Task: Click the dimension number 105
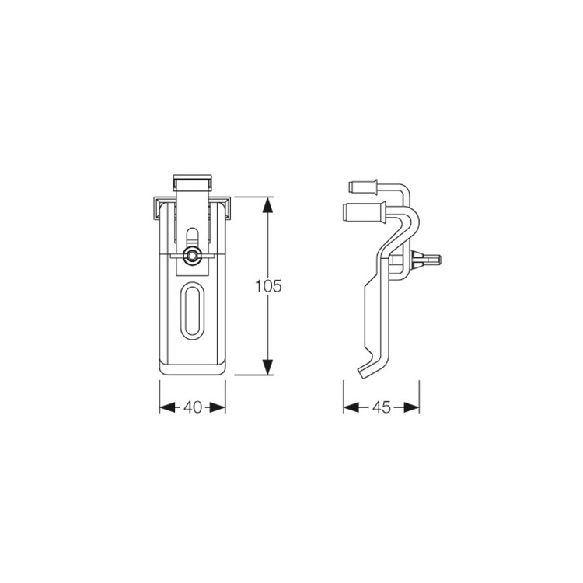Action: (268, 285)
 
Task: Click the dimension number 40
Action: (193, 407)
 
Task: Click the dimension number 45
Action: (382, 407)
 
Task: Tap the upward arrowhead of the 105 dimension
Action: (267, 204)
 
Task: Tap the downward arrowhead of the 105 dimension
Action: (267, 367)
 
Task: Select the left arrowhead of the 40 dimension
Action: (167, 407)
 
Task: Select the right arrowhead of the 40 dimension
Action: (218, 407)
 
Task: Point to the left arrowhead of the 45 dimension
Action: (351, 407)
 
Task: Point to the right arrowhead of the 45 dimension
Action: (411, 407)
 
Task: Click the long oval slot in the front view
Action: (192, 311)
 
